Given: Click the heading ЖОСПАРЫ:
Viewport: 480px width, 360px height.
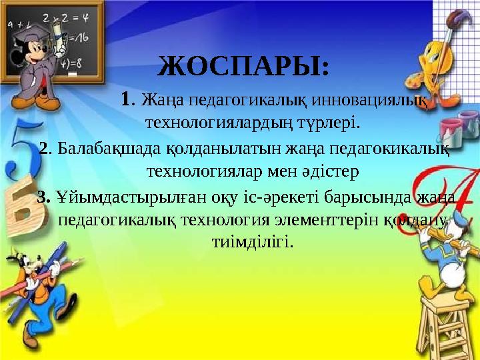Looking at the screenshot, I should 243,68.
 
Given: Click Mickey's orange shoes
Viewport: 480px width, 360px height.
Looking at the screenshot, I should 50,101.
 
